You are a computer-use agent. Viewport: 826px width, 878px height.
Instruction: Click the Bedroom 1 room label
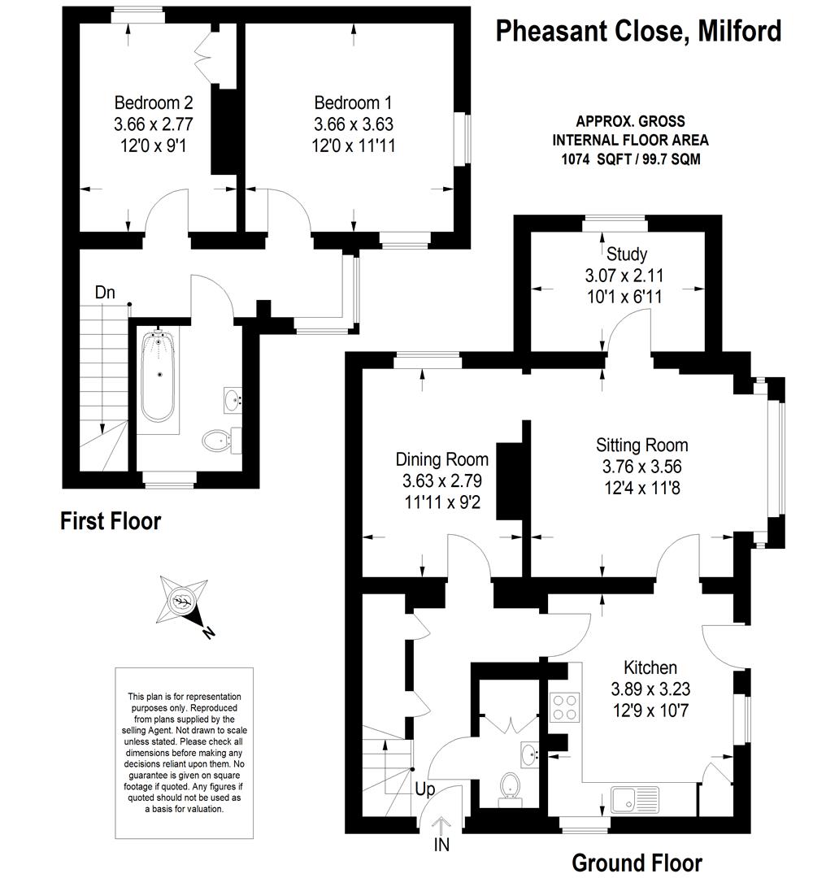coord(353,103)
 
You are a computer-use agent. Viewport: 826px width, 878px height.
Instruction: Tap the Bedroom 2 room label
coord(154,103)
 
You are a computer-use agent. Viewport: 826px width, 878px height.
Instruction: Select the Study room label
coord(627,254)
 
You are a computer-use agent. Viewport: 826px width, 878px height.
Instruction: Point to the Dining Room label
coord(441,459)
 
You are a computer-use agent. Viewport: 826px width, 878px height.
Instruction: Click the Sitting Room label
coord(641,446)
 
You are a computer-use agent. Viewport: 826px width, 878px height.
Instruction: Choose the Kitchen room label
coord(650,667)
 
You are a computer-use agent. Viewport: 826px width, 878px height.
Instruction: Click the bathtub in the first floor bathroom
coord(159,376)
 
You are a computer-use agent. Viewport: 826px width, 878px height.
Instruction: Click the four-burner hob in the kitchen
coord(564,707)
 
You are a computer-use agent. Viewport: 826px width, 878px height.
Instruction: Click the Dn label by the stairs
coord(105,293)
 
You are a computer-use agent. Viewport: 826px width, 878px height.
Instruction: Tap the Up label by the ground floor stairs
coord(425,790)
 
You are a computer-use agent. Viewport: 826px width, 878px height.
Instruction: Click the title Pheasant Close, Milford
coord(638,32)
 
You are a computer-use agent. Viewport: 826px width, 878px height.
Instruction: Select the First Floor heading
coord(111,521)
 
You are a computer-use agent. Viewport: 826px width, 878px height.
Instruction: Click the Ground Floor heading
coord(637,863)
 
